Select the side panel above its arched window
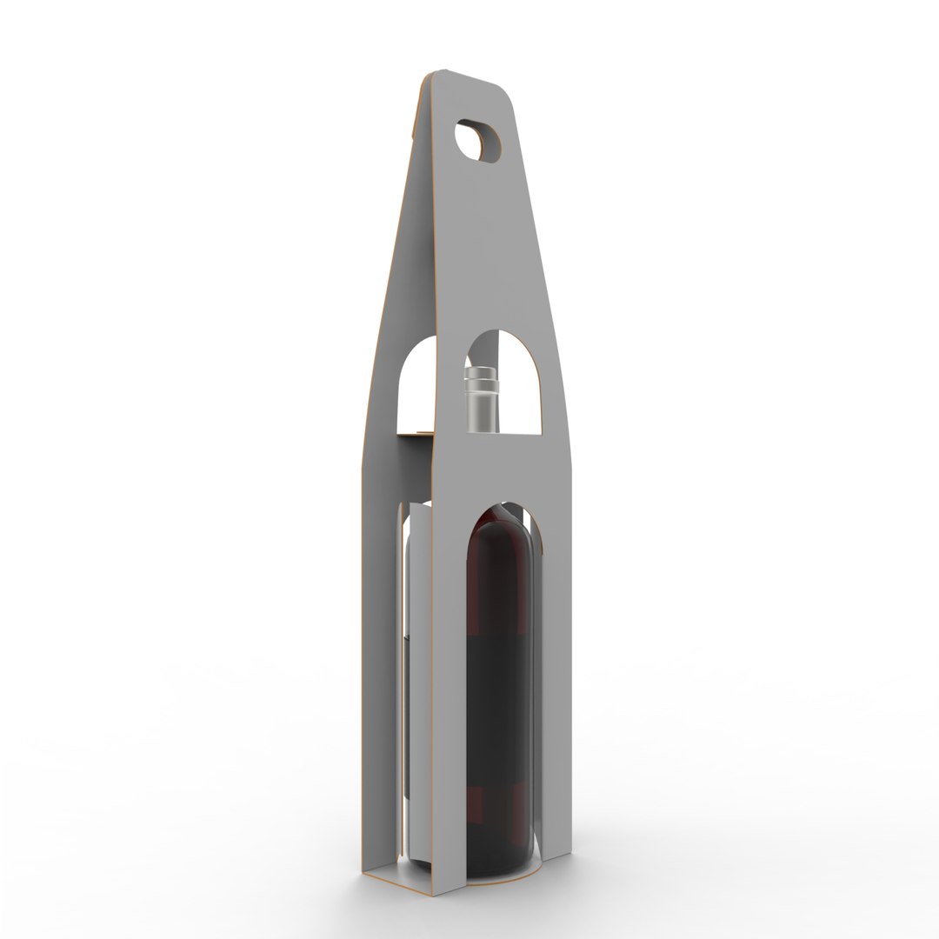(x=409, y=261)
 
